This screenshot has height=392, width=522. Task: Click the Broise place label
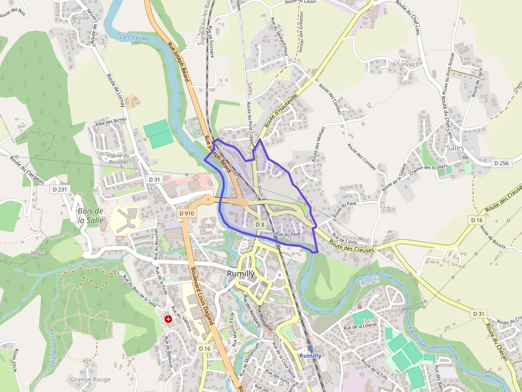(80, 18)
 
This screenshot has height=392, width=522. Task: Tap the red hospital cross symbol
(169, 319)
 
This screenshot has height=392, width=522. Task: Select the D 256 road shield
(501, 163)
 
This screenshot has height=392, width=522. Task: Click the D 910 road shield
(187, 213)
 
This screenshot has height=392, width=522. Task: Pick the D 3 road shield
(259, 224)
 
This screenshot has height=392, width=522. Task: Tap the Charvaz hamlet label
(403, 64)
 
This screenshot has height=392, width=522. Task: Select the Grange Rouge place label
(91, 379)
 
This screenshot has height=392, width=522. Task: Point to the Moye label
(37, 253)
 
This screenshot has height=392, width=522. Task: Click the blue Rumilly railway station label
(310, 355)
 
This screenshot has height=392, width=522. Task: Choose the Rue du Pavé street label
(288, 233)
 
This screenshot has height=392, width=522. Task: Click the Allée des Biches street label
(110, 122)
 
